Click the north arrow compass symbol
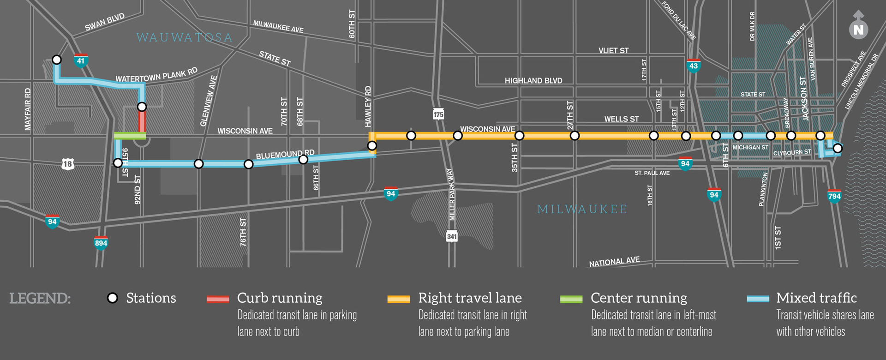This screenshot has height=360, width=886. [x=858, y=27]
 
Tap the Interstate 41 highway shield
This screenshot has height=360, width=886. [x=81, y=60]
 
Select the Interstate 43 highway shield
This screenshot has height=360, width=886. [x=693, y=66]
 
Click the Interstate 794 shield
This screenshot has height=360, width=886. [x=834, y=196]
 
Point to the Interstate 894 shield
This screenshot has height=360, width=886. [x=101, y=243]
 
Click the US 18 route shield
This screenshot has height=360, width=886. [x=68, y=164]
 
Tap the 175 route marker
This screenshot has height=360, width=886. [x=438, y=114]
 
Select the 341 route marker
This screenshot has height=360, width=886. [x=452, y=236]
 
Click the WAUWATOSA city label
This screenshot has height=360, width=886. [x=185, y=38]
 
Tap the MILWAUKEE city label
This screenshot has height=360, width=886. [x=582, y=210]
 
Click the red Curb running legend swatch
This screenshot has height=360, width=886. [x=218, y=299]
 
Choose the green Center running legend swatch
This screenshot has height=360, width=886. [x=571, y=299]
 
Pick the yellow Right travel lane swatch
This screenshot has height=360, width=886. [x=399, y=299]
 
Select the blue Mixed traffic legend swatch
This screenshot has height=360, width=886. [x=758, y=299]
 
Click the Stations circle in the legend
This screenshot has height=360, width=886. [x=112, y=298]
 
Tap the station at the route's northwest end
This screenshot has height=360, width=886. [x=57, y=60]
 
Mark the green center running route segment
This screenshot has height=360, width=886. [x=130, y=136]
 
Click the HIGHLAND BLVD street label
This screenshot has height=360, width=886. [x=533, y=81]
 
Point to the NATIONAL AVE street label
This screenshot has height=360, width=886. [x=614, y=262]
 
